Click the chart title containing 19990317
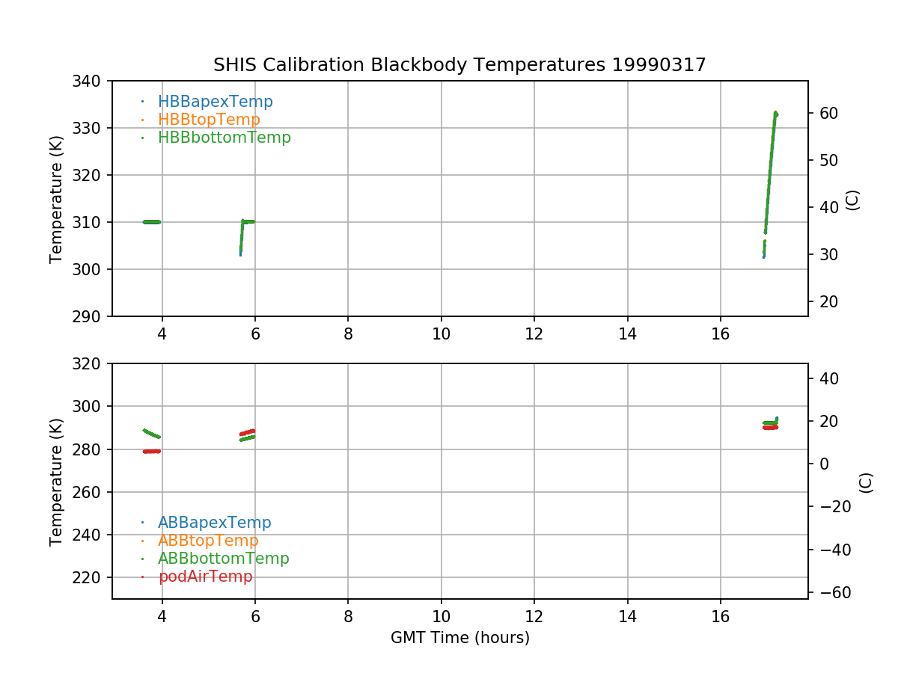tap(459, 65)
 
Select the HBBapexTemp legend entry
tap(215, 102)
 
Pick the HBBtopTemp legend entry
tap(209, 120)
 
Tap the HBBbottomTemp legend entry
tap(224, 138)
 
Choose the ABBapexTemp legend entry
tap(214, 523)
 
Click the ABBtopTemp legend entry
tap(208, 541)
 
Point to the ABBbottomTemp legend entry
tap(223, 559)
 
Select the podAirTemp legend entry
tap(205, 577)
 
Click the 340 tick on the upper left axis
tap(92, 81)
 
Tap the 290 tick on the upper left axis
tap(92, 316)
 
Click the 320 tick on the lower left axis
tap(92, 363)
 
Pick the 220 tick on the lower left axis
tap(92, 577)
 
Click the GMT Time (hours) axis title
tap(459, 638)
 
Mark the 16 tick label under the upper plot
tap(720, 334)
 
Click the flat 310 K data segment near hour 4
tap(152, 221)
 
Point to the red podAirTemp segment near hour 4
tap(152, 451)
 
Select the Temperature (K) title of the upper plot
tap(56, 199)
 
